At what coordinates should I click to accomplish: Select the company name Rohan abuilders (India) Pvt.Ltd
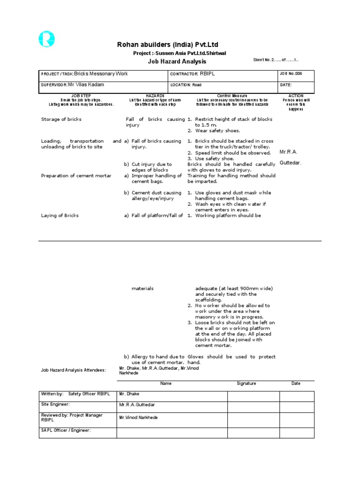[167, 45]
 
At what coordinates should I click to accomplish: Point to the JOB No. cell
[296, 74]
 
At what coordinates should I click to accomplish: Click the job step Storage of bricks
[61, 120]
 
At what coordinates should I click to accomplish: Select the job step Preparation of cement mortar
[76, 176]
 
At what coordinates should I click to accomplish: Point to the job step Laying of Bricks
[60, 216]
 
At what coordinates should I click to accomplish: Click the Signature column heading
[246, 383]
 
